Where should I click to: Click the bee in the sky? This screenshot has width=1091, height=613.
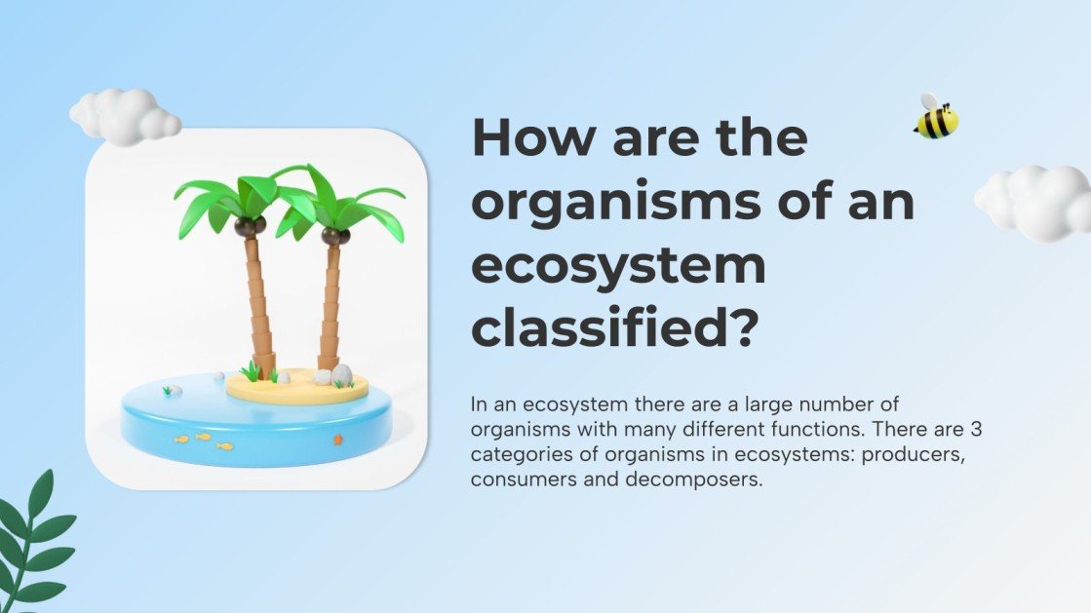(x=936, y=118)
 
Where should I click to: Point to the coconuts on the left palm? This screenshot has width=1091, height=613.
(x=251, y=225)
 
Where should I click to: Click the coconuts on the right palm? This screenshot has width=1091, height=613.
(x=335, y=235)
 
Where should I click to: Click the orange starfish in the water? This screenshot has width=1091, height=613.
(x=337, y=440)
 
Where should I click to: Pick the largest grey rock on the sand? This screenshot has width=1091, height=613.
(x=341, y=375)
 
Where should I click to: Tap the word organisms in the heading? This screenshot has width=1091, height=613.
(x=620, y=203)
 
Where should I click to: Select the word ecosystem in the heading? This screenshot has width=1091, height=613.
(x=618, y=267)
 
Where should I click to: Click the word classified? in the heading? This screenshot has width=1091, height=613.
(x=615, y=329)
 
